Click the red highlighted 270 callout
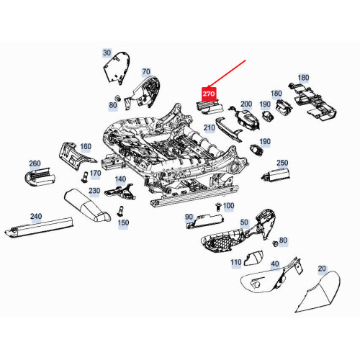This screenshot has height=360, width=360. coord(209,94)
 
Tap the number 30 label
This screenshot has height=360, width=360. coord(107,53)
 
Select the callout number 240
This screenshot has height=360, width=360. coord(36,216)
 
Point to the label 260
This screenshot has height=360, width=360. coord(35,163)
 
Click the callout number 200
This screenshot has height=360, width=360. coord(246,104)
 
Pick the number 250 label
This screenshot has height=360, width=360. coord(282,163)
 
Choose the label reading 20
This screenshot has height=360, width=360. coord(322,269)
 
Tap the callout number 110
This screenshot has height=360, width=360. coord(236,262)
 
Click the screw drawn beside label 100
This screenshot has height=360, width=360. coord(218,207)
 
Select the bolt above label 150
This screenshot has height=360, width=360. coord(120,211)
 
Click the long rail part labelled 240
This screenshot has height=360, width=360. coord(39,227)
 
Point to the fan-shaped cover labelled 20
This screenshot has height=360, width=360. coord(318,292)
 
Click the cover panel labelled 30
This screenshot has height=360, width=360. coord(117,68)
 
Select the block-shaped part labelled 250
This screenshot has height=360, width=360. coord(276,174)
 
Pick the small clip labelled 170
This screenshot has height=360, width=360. coord(85,177)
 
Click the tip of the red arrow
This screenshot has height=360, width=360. coord(207,88)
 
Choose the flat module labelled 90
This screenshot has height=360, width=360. coord(205,221)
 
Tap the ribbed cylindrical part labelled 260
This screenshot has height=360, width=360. coord(40,176)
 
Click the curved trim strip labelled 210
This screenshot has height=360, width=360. coord(228,129)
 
